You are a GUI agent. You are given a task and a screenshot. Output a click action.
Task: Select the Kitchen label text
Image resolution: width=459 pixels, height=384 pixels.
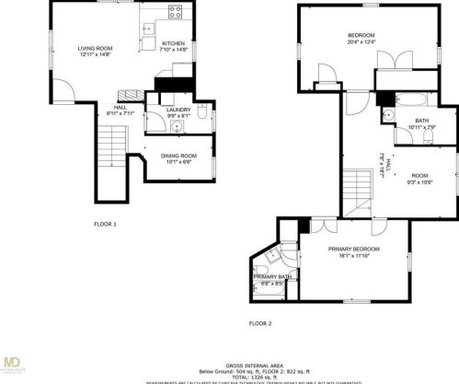pyautogui.click(x=173, y=44)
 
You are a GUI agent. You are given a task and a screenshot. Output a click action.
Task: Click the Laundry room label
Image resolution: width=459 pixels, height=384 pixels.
pyautogui.click(x=178, y=110)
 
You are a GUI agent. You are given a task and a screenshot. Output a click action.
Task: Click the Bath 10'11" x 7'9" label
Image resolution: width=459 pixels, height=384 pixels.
pyautogui.click(x=421, y=124)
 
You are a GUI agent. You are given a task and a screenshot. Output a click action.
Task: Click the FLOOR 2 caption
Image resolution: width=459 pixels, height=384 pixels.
pyautogui.click(x=261, y=323)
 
